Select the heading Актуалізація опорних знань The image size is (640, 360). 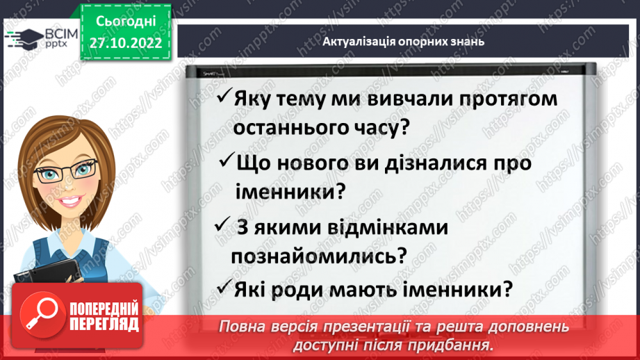pyautogui.click(x=403, y=42)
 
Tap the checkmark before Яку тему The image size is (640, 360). pyautogui.click(x=224, y=98)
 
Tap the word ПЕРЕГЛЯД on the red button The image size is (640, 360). pyautogui.click(x=104, y=324)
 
